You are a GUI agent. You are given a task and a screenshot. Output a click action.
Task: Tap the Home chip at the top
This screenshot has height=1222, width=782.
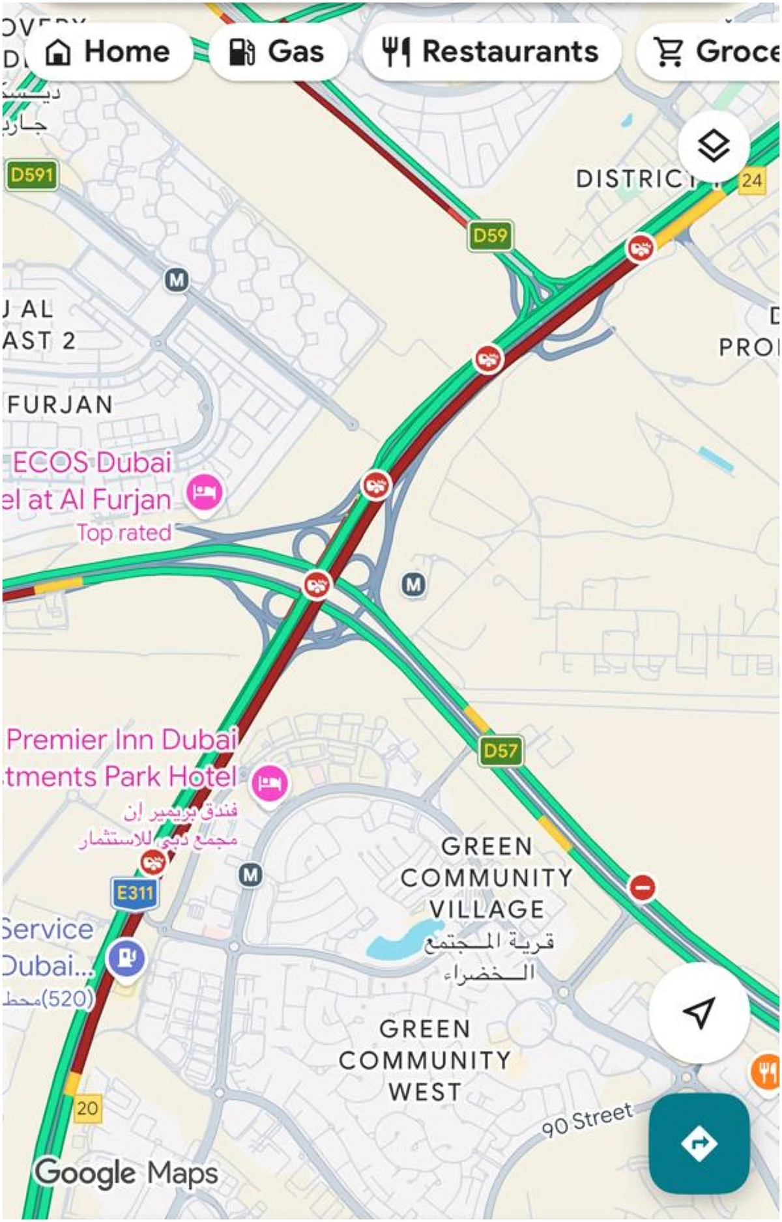tap(108, 51)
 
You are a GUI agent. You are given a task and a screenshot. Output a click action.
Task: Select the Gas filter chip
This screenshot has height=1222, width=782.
tap(276, 51)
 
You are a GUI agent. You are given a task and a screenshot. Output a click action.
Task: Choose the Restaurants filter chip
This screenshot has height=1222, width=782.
tap(490, 51)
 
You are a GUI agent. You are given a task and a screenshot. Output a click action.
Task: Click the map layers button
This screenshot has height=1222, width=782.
tap(713, 146)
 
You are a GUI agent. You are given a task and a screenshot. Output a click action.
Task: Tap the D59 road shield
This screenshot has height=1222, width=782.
tap(490, 236)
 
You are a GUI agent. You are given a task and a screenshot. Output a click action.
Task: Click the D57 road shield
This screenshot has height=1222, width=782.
tap(500, 751)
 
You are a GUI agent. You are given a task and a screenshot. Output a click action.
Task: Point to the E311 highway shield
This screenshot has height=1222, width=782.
tap(135, 892)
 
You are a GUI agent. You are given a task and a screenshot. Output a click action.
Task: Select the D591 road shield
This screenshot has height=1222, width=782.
tap(31, 175)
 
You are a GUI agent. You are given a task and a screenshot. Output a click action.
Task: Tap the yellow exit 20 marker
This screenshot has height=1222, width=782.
tap(87, 1107)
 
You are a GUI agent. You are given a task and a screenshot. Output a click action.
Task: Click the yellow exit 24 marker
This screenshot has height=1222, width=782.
tap(751, 180)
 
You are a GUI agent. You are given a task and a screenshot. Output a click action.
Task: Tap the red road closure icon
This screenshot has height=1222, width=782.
tap(642, 887)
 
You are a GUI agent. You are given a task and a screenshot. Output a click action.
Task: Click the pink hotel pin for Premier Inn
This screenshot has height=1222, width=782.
tap(269, 782)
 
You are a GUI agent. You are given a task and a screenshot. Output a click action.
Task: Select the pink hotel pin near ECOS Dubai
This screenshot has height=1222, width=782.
tap(205, 492)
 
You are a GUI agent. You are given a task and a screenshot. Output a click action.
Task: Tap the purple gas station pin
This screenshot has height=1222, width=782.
tap(126, 959)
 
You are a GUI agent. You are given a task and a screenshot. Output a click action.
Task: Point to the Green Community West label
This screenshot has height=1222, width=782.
tap(425, 1060)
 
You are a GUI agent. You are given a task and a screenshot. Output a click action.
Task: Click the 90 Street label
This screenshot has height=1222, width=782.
tap(587, 1118)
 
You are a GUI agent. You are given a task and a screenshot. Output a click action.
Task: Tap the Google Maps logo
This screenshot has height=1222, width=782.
tap(126, 1173)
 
